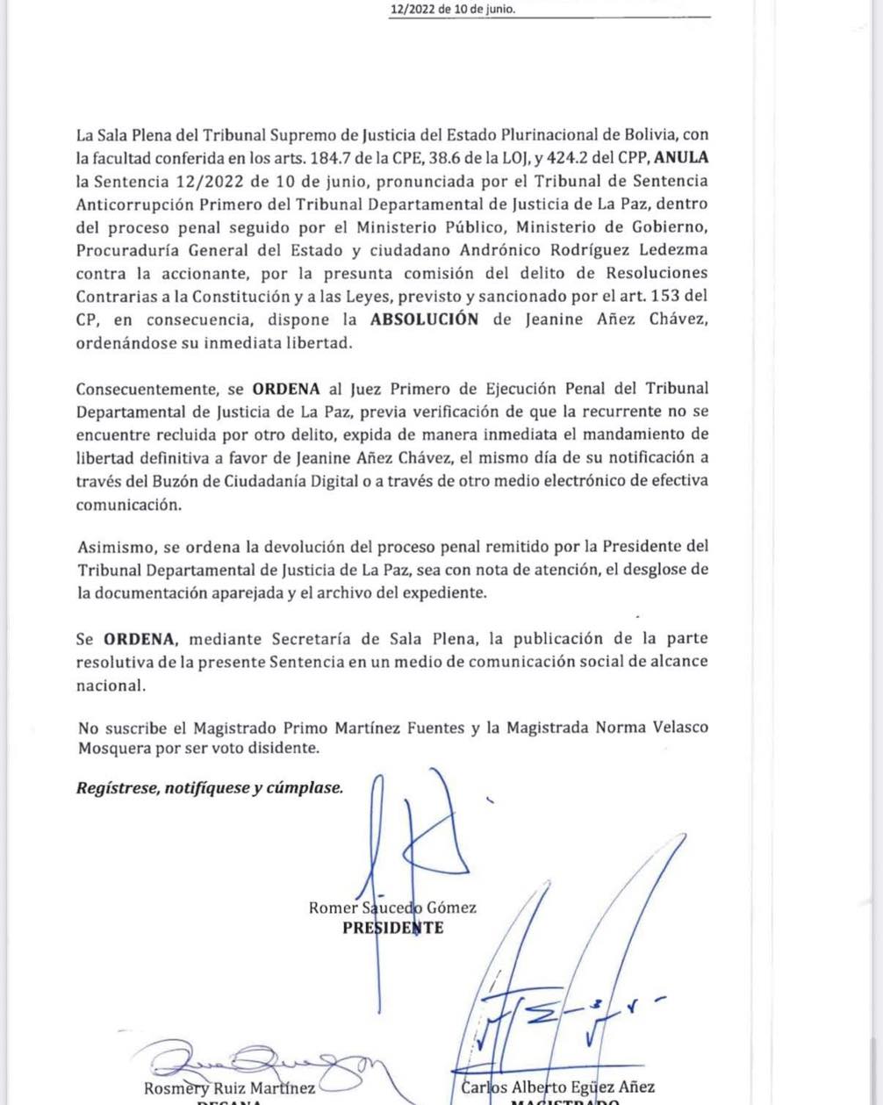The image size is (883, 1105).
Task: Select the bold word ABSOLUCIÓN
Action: (424, 319)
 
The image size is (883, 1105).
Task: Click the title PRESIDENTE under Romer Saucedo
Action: (392, 928)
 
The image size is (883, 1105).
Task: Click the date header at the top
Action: (453, 9)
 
